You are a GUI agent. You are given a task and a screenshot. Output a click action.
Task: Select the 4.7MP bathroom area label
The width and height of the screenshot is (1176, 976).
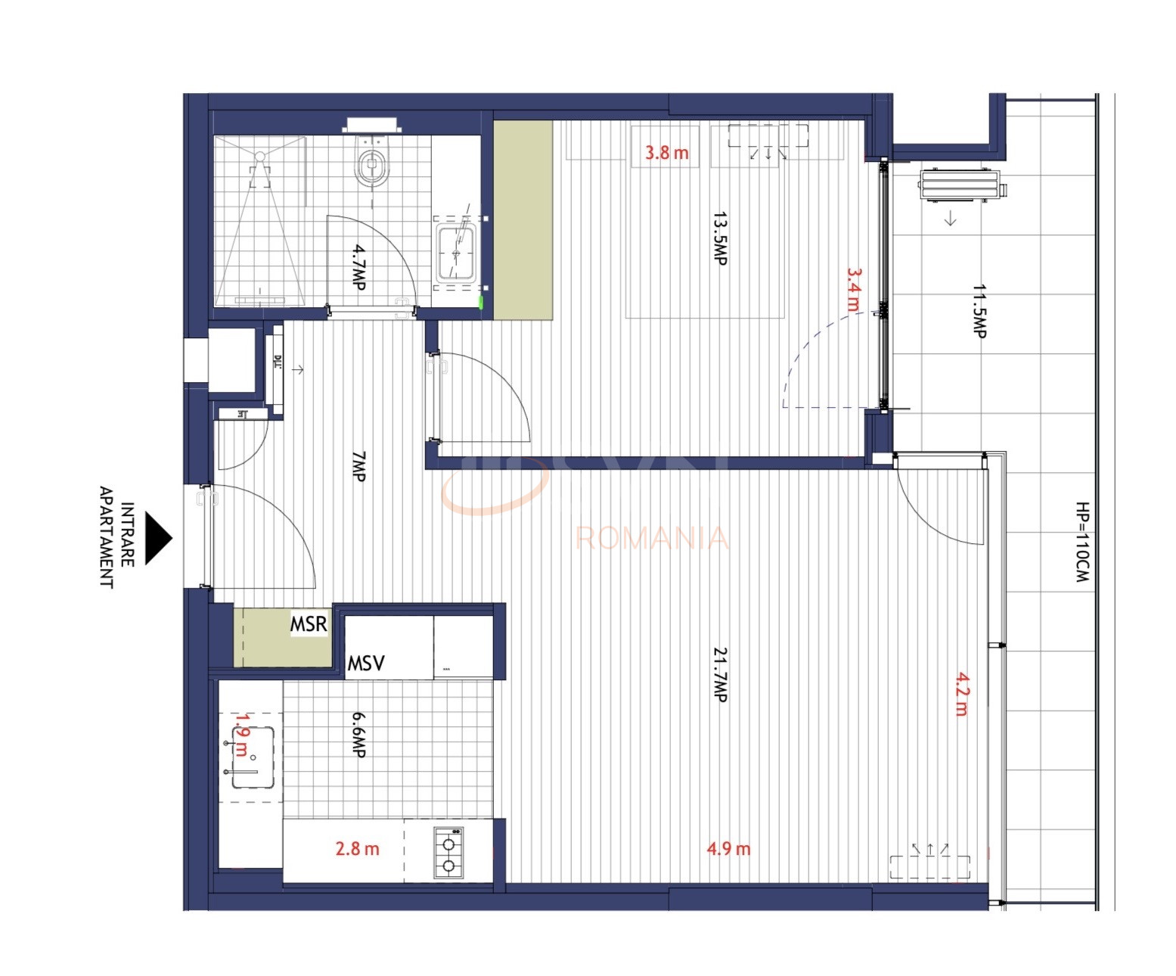tap(359, 266)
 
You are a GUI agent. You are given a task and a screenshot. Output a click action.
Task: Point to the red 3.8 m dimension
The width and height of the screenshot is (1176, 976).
tap(666, 153)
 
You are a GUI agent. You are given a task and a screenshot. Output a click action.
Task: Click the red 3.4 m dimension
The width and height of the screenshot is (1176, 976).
tap(853, 289)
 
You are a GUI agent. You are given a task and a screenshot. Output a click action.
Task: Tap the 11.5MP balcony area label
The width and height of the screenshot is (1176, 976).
tap(979, 311)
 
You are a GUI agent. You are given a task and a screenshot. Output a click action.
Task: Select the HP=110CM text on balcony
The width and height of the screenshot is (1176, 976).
tap(1082, 542)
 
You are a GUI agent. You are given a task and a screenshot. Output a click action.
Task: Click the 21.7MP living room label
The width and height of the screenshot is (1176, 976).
tap(720, 674)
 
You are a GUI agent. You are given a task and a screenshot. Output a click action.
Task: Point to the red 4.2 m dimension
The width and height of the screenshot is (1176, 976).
tap(961, 694)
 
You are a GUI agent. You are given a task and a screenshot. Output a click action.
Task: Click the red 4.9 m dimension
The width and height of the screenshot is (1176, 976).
tap(728, 849)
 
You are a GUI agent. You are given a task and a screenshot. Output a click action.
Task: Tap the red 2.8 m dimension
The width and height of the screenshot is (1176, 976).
tap(357, 849)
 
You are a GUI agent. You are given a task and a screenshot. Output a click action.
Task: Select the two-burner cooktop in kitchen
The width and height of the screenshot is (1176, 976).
tap(448, 853)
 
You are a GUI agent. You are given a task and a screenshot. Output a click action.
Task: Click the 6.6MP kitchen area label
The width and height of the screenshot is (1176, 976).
tap(358, 734)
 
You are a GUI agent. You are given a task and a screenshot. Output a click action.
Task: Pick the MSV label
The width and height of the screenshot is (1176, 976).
tap(366, 664)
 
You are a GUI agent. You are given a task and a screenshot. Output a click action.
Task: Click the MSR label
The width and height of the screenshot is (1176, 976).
tap(309, 624)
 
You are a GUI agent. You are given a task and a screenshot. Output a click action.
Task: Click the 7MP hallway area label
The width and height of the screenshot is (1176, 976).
tap(358, 466)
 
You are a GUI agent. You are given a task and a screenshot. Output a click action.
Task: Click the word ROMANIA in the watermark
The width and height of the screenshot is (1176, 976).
tap(652, 538)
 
